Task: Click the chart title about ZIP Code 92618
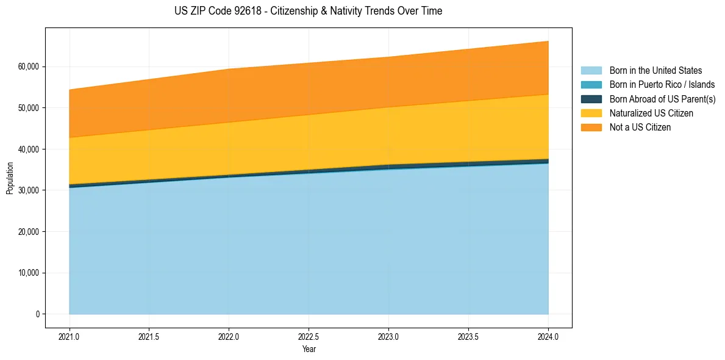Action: tap(308, 11)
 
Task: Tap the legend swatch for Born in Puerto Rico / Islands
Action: tap(591, 85)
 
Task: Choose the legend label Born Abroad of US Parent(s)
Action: tap(662, 99)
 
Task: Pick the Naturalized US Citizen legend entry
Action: tap(651, 113)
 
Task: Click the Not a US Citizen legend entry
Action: tap(640, 128)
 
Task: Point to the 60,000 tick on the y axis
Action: tap(28, 67)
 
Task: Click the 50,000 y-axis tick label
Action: tap(28, 108)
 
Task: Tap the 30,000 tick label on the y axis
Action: tap(28, 190)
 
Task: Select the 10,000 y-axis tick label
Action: tap(28, 273)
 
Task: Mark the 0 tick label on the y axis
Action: tap(37, 314)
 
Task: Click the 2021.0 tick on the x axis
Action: tap(70, 337)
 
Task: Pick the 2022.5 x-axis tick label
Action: tap(309, 337)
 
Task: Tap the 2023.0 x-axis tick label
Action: tap(388, 337)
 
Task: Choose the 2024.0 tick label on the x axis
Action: tap(548, 337)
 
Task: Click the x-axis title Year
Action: tap(309, 349)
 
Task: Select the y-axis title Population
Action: tap(10, 178)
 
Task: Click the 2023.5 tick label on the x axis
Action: tap(468, 337)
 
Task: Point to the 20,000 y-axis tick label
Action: tap(28, 232)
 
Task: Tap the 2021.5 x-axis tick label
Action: tap(149, 337)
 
